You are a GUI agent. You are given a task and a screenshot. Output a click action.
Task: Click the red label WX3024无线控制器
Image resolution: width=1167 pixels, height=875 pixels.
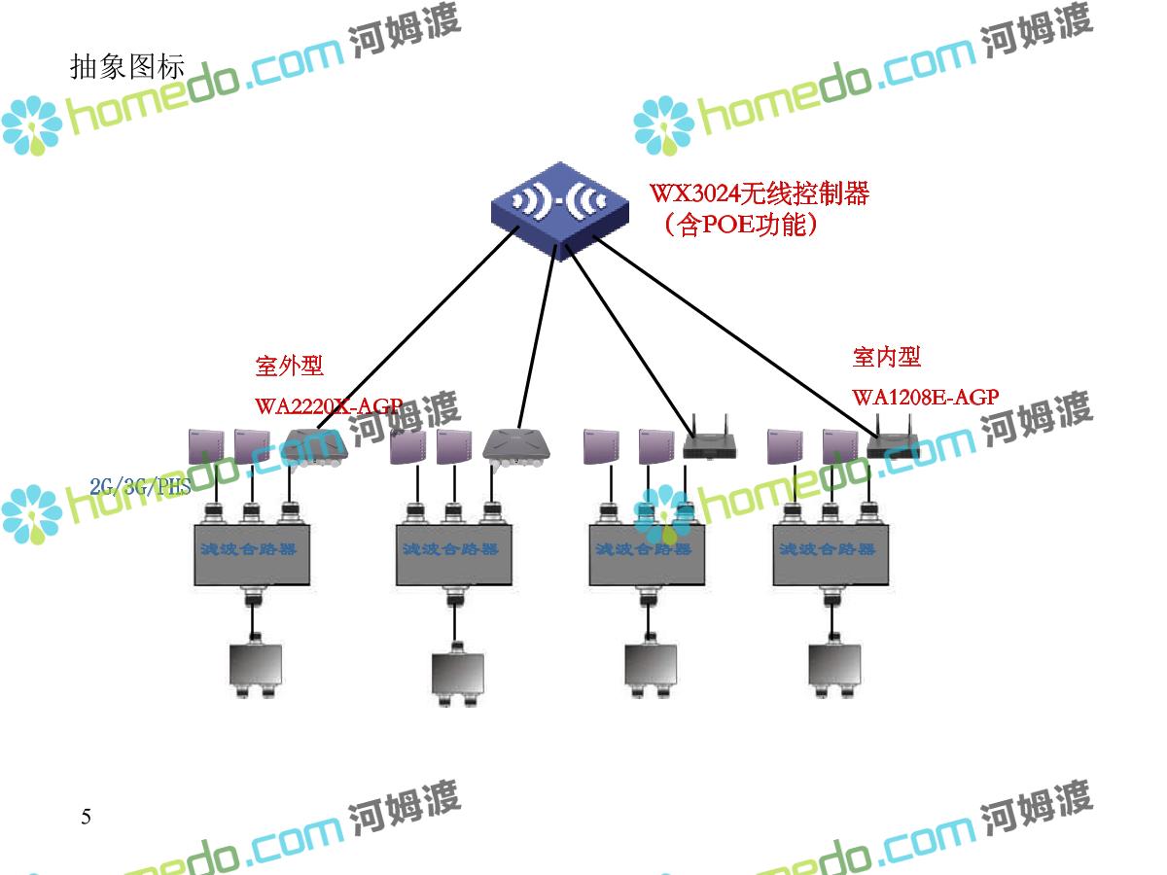point(760,193)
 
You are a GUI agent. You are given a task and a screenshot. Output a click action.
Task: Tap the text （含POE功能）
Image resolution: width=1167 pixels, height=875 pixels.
point(738,226)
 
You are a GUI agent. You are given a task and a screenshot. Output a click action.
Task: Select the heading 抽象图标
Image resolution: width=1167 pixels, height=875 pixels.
point(126,66)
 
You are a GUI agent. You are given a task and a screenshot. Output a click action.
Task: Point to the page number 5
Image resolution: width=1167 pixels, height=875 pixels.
point(86,817)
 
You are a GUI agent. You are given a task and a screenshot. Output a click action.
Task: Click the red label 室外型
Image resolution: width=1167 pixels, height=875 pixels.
point(289,366)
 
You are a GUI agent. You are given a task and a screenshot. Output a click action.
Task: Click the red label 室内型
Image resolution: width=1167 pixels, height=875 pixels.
point(886,357)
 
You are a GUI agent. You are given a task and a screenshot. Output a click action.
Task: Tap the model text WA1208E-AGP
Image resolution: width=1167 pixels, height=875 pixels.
point(925,398)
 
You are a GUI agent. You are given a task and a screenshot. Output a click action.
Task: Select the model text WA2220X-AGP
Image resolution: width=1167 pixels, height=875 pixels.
point(328,406)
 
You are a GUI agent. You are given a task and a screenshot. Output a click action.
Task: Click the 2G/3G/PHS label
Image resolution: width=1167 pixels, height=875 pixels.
point(140,487)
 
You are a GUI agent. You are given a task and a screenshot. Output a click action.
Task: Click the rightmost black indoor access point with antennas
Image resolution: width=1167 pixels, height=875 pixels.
point(893,445)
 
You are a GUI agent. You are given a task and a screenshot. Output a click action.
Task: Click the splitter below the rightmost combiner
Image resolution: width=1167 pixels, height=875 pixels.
point(833,669)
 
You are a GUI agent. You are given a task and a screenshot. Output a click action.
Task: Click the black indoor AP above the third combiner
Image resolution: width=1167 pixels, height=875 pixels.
point(709,444)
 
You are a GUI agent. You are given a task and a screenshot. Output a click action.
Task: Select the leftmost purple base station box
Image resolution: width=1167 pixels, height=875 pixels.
point(206,445)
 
